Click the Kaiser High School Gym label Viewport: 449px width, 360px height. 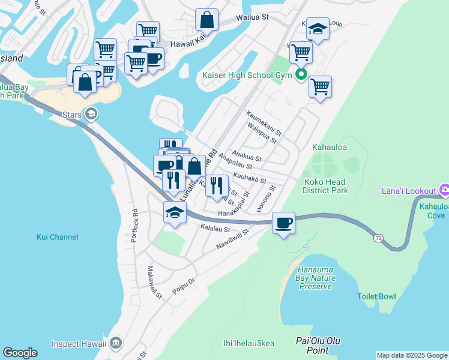(x=246, y=76)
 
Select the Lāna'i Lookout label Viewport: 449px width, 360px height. (x=408, y=191)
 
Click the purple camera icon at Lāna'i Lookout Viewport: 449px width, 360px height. (x=444, y=191)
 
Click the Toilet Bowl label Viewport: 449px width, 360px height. (x=376, y=296)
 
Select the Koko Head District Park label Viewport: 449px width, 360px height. (x=327, y=187)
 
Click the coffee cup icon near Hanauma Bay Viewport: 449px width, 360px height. (x=283, y=223)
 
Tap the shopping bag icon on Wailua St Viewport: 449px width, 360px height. (x=206, y=19)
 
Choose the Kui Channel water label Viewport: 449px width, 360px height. (x=56, y=237)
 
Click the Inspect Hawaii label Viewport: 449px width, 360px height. (x=79, y=344)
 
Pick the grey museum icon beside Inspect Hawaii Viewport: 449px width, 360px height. (x=116, y=344)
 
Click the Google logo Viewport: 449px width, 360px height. (x=20, y=353)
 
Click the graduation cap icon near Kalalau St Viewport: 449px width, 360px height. (x=175, y=212)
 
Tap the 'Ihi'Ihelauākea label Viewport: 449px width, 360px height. (x=248, y=344)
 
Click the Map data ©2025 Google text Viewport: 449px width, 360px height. (x=411, y=355)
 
